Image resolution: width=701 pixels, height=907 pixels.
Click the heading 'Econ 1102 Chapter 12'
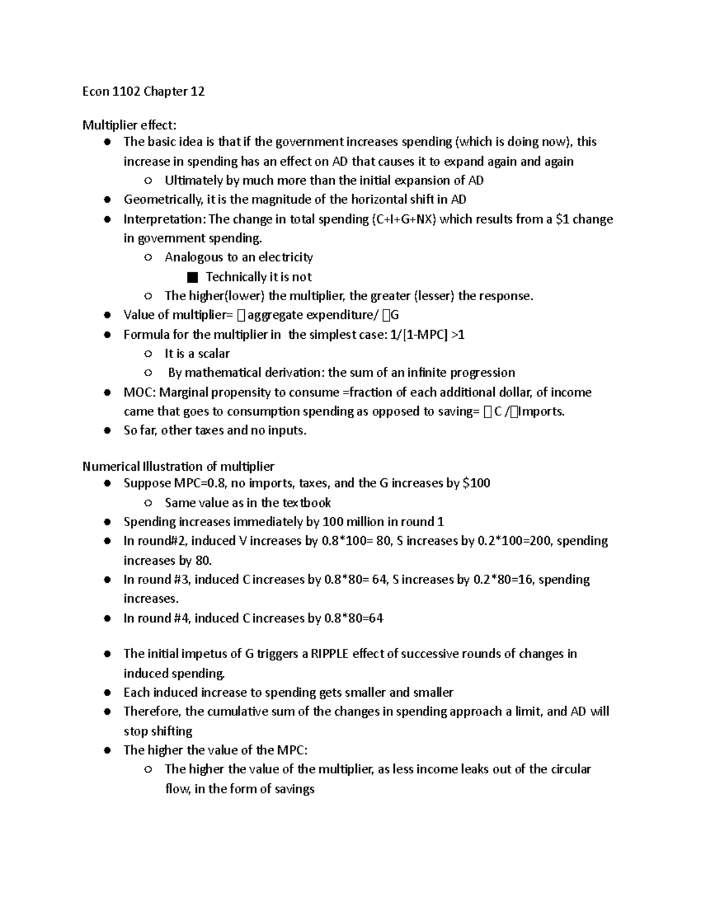[143, 91]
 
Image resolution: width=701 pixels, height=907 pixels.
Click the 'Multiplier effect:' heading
[129, 125]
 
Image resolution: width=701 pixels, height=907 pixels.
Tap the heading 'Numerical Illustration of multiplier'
[178, 466]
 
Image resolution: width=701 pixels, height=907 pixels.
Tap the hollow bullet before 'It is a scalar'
[148, 354]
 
